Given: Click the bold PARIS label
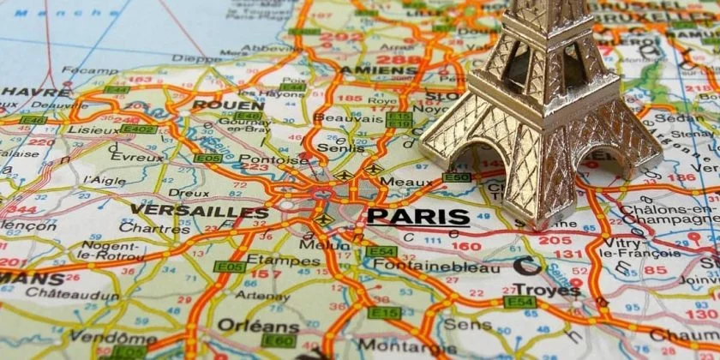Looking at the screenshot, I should click(x=417, y=216).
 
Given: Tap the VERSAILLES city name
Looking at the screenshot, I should click(x=199, y=212).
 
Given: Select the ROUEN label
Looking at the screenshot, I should click(x=217, y=105).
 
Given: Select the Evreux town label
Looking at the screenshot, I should click(x=136, y=158).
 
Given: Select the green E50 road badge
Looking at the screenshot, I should click(x=457, y=177).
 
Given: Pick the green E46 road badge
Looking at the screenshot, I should click(x=248, y=115).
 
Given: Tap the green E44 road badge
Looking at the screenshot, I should click(x=117, y=89).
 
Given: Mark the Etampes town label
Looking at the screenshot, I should click(x=272, y=260).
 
